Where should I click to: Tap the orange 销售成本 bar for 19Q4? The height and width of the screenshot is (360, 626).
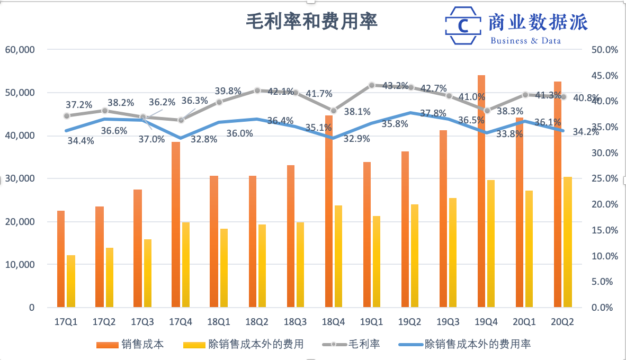[481, 191]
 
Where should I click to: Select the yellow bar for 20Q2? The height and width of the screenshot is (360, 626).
[567, 241]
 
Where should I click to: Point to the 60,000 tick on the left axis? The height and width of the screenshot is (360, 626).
[20, 50]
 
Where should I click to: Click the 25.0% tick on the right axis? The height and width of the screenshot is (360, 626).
[605, 179]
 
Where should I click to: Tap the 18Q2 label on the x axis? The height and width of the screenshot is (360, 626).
[257, 321]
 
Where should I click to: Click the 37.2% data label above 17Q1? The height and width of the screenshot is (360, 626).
[78, 105]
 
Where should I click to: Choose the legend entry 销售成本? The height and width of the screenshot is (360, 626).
[130, 345]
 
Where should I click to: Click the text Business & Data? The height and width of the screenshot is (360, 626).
[525, 41]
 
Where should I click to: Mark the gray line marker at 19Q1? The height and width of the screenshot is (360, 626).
[372, 85]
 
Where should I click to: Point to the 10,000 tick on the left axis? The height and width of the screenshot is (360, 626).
[20, 265]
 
